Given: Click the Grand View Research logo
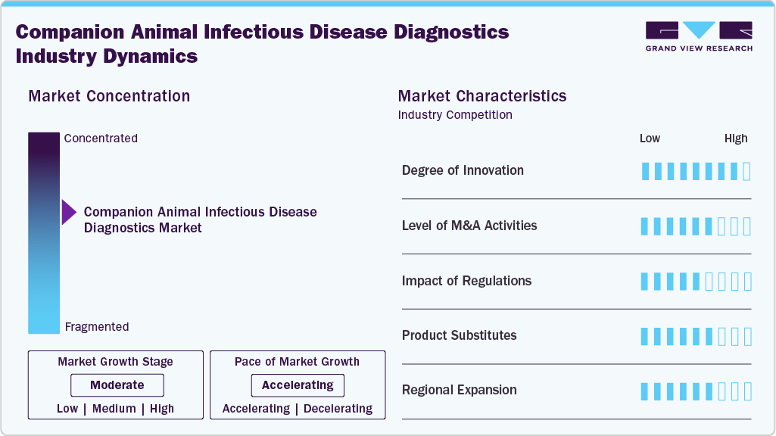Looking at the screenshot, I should pyautogui.click(x=699, y=36).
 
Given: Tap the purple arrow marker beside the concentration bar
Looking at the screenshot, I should pyautogui.click(x=69, y=213).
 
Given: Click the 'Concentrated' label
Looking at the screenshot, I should pyautogui.click(x=101, y=139).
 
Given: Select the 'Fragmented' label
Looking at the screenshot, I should pyautogui.click(x=97, y=327).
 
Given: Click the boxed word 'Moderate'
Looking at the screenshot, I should pyautogui.click(x=117, y=385).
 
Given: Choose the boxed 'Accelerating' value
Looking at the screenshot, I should pyautogui.click(x=298, y=385).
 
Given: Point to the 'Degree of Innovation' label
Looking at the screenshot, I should pyautogui.click(x=463, y=170).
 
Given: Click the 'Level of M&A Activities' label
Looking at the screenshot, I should pyautogui.click(x=469, y=226).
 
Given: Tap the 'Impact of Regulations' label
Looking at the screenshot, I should pyautogui.click(x=466, y=281).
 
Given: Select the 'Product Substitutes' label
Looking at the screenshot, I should pyautogui.click(x=459, y=335).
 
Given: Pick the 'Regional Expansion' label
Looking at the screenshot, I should pyautogui.click(x=459, y=391).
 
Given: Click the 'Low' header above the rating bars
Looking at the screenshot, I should pyautogui.click(x=650, y=139).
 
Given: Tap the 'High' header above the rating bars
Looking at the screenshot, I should pyautogui.click(x=736, y=139).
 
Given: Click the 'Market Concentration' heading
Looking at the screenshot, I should pyautogui.click(x=109, y=96).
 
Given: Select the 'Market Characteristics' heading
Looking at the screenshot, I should pyautogui.click(x=482, y=96).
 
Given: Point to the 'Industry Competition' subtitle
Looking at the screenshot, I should pyautogui.click(x=455, y=115).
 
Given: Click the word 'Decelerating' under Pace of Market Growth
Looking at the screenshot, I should pyautogui.click(x=338, y=409).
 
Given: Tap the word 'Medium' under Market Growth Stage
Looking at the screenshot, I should pyautogui.click(x=114, y=409).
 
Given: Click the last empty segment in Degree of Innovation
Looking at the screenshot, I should pyautogui.click(x=747, y=171).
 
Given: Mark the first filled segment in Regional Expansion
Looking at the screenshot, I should pyautogui.click(x=645, y=391).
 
